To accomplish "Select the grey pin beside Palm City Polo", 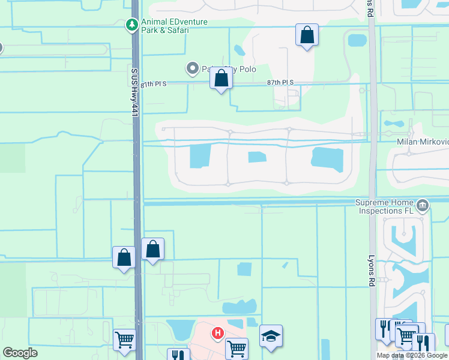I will (193, 69).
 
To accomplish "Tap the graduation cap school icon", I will (271, 337).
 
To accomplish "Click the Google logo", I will (20, 353).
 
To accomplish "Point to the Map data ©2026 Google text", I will (411, 355).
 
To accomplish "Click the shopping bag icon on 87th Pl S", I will (221, 79).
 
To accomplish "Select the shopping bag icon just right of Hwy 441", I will (152, 249).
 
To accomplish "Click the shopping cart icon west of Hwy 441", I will (124, 340).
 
